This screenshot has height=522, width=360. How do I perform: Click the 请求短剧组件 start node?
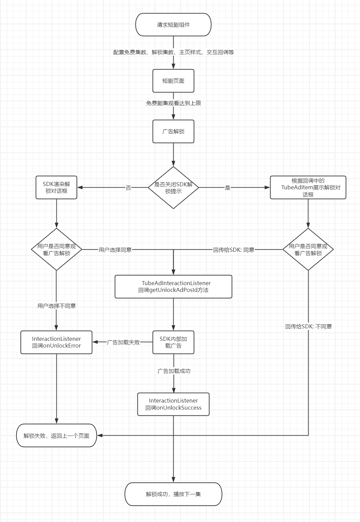173,25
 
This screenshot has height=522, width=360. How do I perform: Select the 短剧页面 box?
173,81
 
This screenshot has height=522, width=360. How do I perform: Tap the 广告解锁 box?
173,132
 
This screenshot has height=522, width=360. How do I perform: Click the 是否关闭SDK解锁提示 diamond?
173,188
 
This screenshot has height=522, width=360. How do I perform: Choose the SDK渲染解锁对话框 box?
56,187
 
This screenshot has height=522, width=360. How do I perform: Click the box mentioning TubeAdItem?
308,187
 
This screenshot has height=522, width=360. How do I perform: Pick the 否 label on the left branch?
128,188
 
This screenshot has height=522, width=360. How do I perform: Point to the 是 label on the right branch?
227,188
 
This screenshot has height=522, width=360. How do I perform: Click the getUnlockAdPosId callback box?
173,286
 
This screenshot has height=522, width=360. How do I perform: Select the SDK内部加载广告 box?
173,342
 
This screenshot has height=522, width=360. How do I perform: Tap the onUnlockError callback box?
56,342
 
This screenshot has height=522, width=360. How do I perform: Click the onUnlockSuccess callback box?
173,404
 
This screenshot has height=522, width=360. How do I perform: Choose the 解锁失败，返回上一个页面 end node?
56,436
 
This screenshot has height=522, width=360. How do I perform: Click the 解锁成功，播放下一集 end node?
173,494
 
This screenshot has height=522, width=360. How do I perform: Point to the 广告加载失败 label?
123,342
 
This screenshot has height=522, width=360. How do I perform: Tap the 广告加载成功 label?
174,371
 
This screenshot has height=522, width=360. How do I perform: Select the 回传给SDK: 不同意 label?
308,327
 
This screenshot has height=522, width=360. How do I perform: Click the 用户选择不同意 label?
57,306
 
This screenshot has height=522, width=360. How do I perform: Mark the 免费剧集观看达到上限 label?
174,103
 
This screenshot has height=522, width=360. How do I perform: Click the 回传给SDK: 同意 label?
234,250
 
